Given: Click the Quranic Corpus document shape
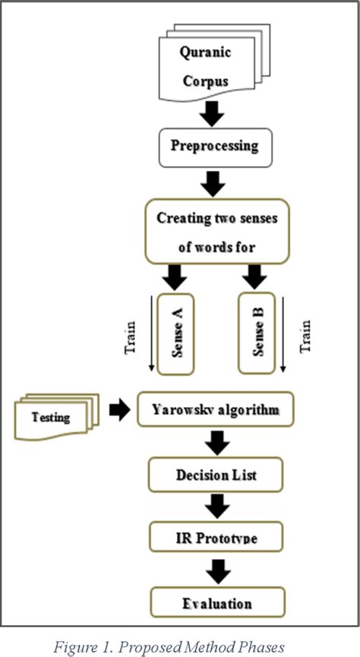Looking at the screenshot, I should pos(204,66).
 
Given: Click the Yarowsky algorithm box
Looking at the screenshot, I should pos(214,410).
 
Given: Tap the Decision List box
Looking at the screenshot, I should pos(216,475).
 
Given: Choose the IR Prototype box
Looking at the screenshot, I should pos(216,539).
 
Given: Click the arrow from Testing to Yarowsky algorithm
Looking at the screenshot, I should pos(119,411).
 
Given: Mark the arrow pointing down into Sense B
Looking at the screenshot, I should pos(254,277).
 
